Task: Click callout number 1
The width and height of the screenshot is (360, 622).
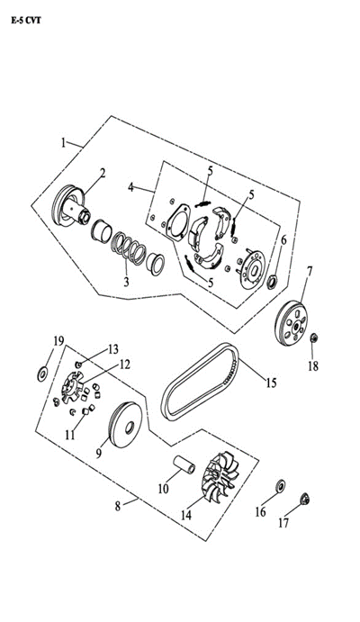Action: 64,142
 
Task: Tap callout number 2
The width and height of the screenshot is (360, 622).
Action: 103,173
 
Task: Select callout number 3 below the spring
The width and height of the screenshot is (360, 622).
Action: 127,282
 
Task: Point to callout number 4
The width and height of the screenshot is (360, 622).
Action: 130,187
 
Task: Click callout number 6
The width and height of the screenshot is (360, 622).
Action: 283,240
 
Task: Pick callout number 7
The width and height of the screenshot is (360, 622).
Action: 310,270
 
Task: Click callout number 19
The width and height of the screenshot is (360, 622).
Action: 58,340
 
